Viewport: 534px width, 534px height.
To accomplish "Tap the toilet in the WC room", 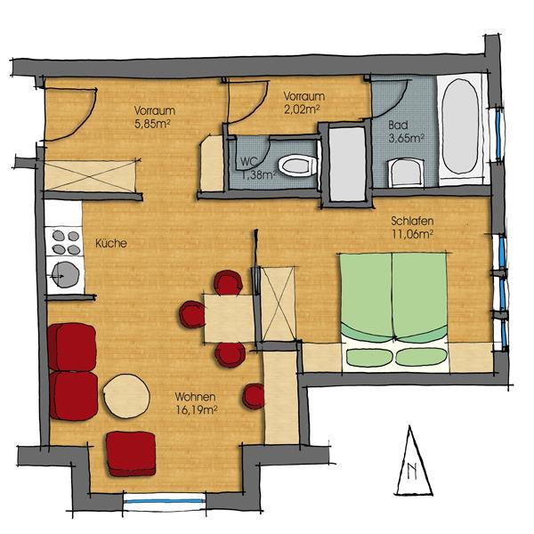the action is point(297,166).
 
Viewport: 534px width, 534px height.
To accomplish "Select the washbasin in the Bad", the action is point(406,173).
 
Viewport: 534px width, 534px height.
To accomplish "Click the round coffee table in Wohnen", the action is point(126,396).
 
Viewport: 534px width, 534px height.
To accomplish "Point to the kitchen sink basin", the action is point(66,275).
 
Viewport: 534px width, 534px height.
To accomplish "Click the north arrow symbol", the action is point(413,461).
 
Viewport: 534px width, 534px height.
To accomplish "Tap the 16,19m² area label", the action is point(197,409).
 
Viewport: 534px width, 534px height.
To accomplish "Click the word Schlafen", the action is point(412,221).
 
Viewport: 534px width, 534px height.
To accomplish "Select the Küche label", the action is point(111,243).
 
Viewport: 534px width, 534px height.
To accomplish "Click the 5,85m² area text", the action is point(152,124).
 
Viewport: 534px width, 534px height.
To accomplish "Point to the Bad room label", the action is point(398,125).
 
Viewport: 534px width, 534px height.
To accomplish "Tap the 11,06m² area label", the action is point(412,234).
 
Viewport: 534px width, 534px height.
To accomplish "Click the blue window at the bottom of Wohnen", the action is point(166,501).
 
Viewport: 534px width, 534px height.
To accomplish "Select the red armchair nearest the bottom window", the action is point(131,454).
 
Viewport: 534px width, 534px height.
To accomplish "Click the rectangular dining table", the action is point(230,319).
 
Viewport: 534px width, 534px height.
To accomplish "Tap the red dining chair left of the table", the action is point(192,314).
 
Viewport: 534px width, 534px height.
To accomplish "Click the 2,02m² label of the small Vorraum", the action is point(302,109).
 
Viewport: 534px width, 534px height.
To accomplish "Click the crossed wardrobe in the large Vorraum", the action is point(90,175).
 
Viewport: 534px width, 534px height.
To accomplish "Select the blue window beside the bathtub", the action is point(499,133).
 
